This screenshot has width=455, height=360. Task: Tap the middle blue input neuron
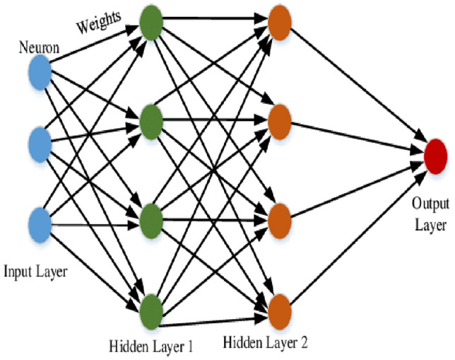coord(40,145)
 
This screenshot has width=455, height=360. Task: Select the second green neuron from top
coord(152,122)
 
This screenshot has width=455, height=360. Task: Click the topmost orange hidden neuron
coord(279,21)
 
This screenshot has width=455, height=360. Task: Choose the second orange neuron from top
coord(279,117)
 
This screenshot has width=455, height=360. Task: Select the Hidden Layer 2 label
coord(265,344)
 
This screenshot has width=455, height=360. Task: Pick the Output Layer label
coord(430,215)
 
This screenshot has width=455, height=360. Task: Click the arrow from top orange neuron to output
coord(353,84)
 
